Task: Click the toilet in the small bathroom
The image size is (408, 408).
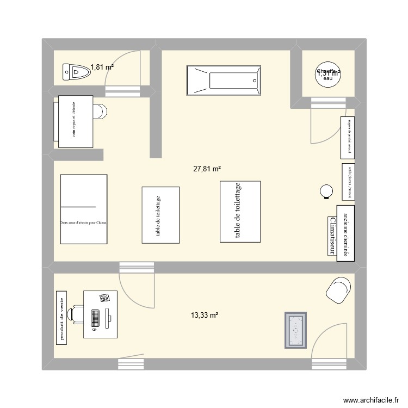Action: [x=75, y=71]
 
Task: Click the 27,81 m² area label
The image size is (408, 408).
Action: [x=207, y=169]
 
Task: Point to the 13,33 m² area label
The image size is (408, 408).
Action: [x=204, y=315]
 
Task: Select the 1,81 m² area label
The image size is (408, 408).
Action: [x=102, y=67]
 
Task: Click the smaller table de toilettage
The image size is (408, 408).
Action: [x=160, y=214]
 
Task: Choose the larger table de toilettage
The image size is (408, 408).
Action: [x=240, y=211]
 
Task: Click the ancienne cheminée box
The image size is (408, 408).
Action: [x=345, y=233]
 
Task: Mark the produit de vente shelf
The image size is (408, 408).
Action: [x=63, y=317]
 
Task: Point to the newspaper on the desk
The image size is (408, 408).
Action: [x=104, y=297]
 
